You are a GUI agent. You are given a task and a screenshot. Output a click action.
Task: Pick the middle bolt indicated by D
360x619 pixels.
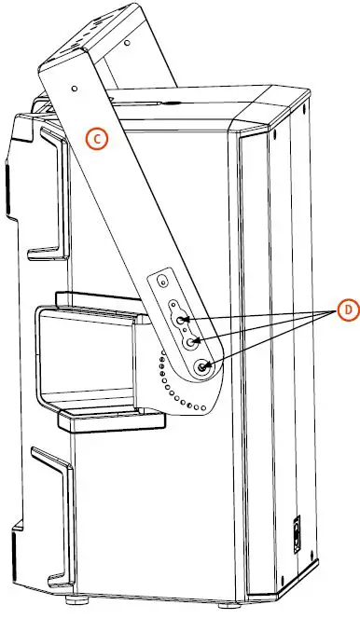192,343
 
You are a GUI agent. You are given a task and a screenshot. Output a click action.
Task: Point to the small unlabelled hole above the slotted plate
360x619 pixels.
164,281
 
